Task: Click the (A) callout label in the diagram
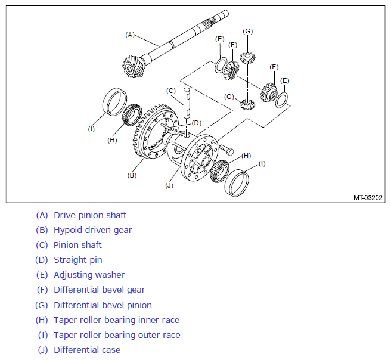coord(130,35)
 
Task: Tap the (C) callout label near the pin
coord(171,91)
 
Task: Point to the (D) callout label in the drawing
coord(197,123)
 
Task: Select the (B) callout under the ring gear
coord(132,175)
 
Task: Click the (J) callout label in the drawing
coord(169,186)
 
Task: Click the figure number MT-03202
coord(368,198)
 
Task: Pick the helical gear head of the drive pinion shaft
coord(132,67)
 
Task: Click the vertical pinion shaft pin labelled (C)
coord(187,103)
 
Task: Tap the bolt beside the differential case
coord(226,149)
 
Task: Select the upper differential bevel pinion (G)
coord(247,58)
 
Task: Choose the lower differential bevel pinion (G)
coord(247,104)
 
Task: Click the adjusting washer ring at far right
coord(282,100)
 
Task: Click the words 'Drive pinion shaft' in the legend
coord(90,215)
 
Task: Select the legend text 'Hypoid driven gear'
coord(93,230)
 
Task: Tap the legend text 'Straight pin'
coord(78,260)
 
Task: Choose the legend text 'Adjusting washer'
coord(89,275)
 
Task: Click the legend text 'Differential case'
coord(87,350)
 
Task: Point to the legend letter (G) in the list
coord(41,305)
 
